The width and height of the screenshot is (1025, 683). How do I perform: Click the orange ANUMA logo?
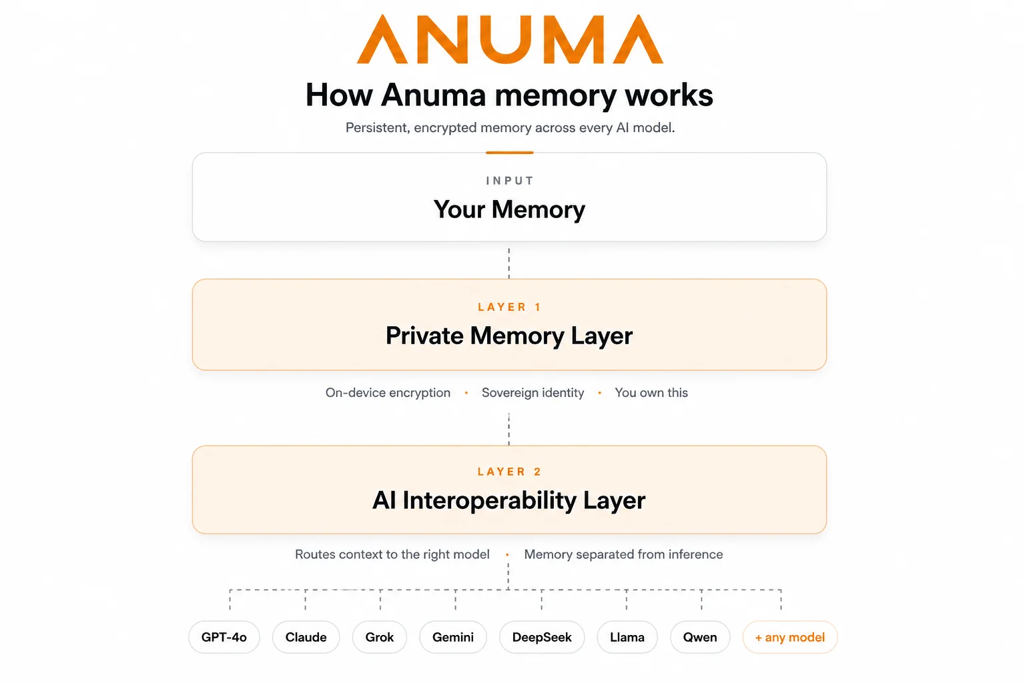coord(510,39)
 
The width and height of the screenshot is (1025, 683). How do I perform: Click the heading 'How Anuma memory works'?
coord(509,95)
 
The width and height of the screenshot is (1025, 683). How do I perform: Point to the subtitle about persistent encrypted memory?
coord(510,127)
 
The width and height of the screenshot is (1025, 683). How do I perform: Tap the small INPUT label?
coord(510,181)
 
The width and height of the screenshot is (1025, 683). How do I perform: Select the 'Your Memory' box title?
coord(509,209)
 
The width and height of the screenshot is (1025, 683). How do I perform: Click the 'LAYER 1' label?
coord(509,307)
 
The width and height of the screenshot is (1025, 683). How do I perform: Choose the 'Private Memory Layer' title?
coord(509,335)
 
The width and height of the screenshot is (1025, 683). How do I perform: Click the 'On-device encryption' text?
coord(388,392)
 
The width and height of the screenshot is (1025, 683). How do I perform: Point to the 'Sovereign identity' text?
coord(533,392)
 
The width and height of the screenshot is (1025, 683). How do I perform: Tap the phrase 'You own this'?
coord(651,392)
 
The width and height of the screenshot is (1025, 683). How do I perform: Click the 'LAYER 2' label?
coord(509,472)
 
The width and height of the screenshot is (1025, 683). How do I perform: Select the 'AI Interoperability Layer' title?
coord(509,500)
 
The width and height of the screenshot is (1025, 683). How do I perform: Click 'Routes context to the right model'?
coord(392,554)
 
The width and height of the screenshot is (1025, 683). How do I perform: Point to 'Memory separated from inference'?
coord(623,554)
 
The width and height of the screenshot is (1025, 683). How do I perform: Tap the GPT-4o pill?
coord(224,637)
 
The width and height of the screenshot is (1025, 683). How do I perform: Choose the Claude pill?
coord(306,637)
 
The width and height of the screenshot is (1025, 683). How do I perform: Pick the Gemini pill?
coord(453,637)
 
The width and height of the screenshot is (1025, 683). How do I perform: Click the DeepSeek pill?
coord(542,637)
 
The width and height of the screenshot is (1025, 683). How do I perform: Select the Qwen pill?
coord(700,637)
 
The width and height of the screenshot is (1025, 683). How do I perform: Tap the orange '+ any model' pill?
coord(790,637)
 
